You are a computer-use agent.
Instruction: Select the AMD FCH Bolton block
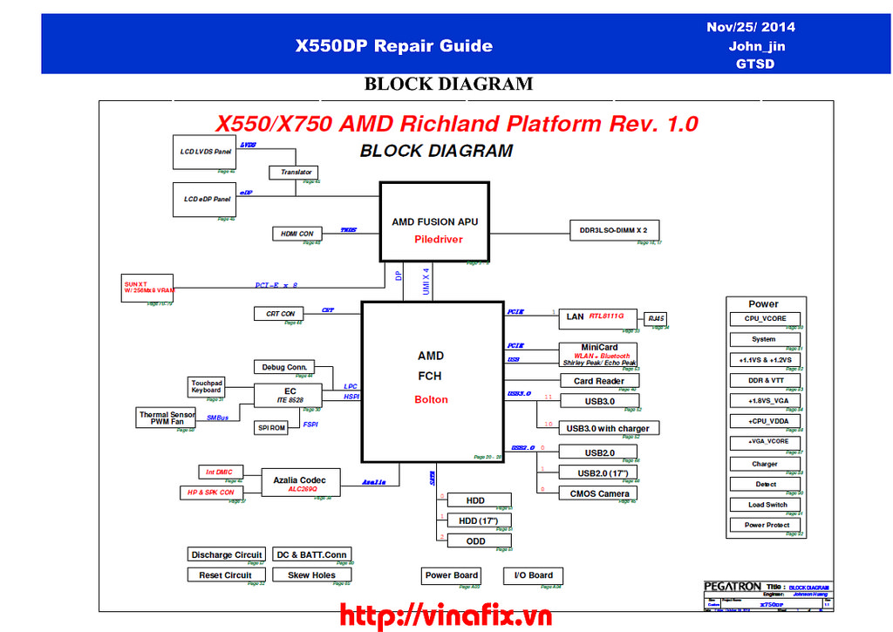coord(431,381)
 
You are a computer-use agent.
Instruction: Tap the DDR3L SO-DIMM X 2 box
coord(614,229)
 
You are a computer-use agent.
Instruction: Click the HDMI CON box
coord(297,234)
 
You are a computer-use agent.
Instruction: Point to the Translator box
coord(296,172)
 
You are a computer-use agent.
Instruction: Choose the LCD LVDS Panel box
coord(206,152)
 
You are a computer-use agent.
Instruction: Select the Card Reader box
coord(598,381)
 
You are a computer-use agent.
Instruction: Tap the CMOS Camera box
coord(598,493)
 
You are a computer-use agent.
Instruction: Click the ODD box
coord(476,540)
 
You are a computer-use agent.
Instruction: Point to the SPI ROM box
coord(272,428)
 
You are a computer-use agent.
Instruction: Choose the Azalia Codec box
coord(299,484)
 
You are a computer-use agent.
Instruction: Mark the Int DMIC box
coord(218,472)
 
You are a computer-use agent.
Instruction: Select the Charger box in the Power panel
coord(765,464)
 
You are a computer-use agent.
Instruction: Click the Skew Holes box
coord(311,575)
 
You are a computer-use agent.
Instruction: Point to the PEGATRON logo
coord(733,587)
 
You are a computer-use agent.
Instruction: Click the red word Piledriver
coord(439,239)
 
